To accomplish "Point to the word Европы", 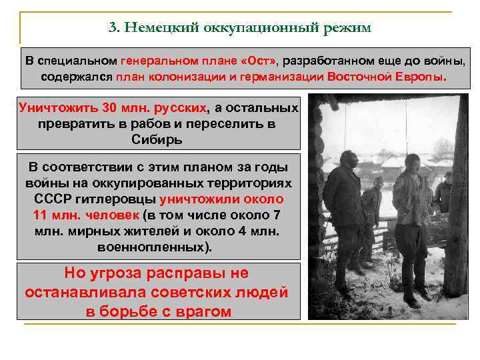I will [x=420, y=76].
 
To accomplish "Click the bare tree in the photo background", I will [x=442, y=150].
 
